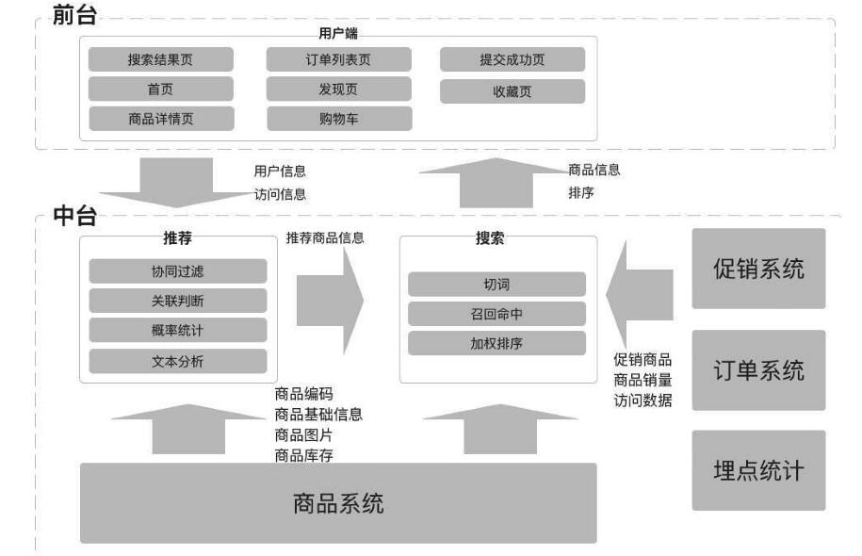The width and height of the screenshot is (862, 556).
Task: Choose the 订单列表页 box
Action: click(339, 59)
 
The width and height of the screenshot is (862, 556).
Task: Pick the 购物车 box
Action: click(339, 119)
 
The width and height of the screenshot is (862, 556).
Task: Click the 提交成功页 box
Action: click(512, 59)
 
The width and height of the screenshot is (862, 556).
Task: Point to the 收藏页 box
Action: click(512, 90)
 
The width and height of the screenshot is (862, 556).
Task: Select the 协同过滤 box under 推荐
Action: click(178, 271)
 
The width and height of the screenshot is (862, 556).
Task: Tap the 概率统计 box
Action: click(178, 331)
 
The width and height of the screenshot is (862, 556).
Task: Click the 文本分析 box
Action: click(178, 361)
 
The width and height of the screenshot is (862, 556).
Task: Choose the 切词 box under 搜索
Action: click(496, 285)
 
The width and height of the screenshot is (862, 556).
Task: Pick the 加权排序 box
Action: click(496, 343)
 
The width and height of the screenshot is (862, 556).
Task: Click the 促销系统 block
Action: click(759, 269)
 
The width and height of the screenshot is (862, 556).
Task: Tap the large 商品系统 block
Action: click(338, 503)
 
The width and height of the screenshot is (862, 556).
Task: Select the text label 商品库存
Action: click(303, 455)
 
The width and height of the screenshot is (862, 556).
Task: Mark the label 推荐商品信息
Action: click(325, 238)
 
